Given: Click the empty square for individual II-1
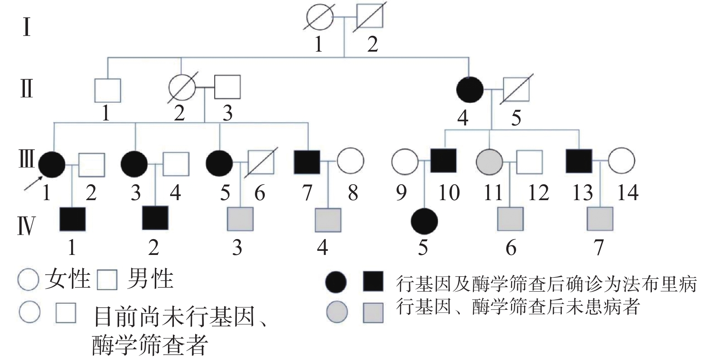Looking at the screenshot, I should (108, 90).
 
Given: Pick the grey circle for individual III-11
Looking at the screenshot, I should (489, 161).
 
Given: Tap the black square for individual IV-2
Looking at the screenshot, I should (155, 218).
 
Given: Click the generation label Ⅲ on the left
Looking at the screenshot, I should (26, 159).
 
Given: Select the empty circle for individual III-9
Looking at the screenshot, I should (404, 161).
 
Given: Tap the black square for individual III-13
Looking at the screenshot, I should (579, 161).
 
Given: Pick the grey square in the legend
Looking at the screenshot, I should (373, 312).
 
